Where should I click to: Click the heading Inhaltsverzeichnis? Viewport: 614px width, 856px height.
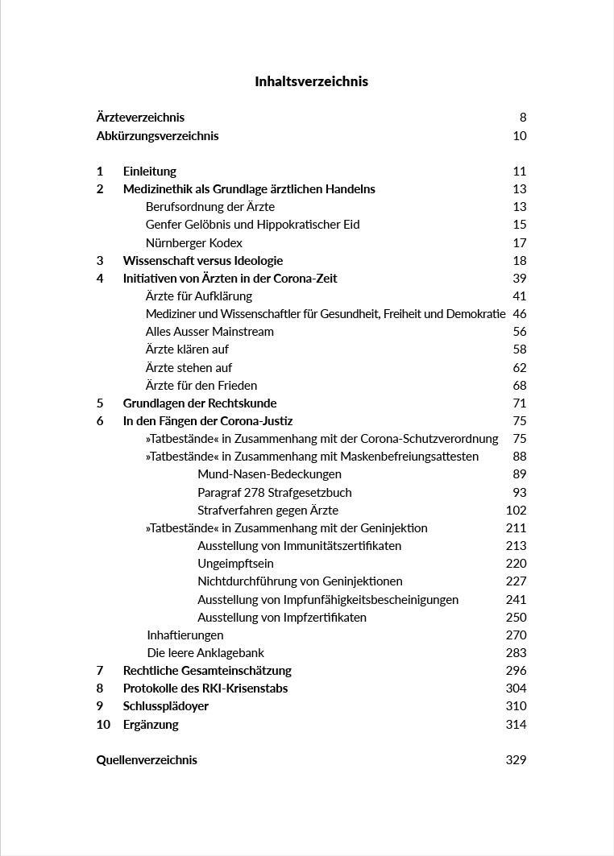[311, 81]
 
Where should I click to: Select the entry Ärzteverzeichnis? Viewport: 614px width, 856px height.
[140, 118]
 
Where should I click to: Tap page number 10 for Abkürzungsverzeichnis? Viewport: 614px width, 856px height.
[519, 135]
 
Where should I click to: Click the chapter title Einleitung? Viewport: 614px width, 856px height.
[149, 171]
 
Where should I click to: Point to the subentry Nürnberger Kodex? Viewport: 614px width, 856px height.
[193, 242]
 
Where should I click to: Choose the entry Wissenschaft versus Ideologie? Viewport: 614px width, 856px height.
[202, 260]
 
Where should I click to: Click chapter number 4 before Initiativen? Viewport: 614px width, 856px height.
[100, 279]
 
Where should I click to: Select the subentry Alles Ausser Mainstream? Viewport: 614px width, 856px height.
[210, 332]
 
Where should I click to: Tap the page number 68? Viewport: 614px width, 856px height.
[519, 385]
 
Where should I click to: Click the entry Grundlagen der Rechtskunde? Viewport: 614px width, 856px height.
[199, 403]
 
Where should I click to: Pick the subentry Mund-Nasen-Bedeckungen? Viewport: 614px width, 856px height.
[269, 474]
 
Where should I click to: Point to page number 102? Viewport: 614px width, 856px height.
[516, 510]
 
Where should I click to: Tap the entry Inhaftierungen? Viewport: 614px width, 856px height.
[185, 635]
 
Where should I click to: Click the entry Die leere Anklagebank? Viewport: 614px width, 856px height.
[205, 652]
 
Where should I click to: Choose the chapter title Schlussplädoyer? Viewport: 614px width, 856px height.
[165, 706]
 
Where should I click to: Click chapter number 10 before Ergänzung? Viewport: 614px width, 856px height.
[103, 724]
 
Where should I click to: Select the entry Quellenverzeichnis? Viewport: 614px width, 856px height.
[146, 759]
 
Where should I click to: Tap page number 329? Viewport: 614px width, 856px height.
[516, 759]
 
